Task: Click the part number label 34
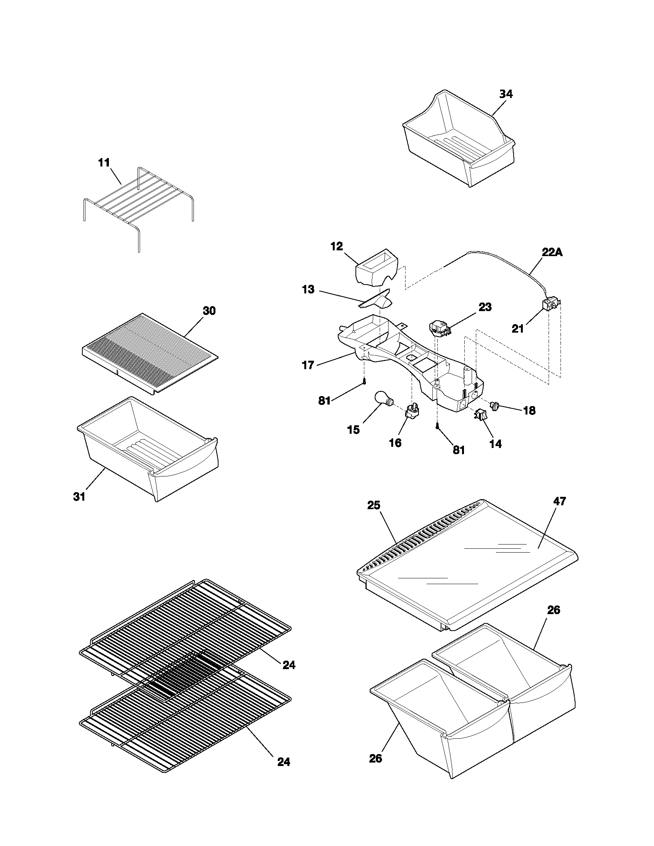click(506, 94)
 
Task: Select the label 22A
click(552, 253)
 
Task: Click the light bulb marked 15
click(383, 400)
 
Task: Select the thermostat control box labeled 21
click(550, 305)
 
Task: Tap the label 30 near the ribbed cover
click(209, 311)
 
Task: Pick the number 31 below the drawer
click(79, 496)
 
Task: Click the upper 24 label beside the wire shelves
click(289, 665)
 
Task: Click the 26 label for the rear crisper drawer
click(554, 610)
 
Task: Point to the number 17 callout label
click(308, 365)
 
